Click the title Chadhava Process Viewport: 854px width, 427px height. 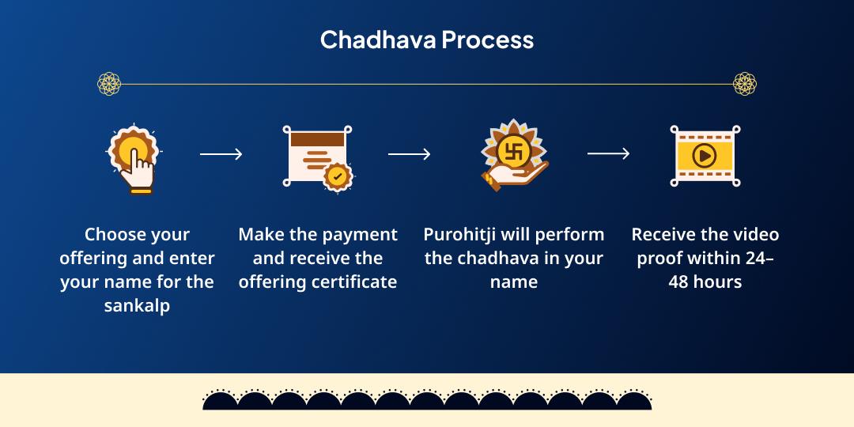[x=427, y=40]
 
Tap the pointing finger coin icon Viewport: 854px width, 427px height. [x=134, y=158]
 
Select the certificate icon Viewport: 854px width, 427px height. [x=318, y=158]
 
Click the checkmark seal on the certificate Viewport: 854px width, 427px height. [x=338, y=176]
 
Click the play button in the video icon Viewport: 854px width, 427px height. [x=705, y=157]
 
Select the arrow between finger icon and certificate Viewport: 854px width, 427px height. [x=221, y=155]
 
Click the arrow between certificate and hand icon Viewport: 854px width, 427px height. [x=409, y=155]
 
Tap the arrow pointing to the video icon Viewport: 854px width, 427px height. [x=608, y=154]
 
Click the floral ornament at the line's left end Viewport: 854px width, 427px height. [x=109, y=84]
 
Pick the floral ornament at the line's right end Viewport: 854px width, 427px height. [x=745, y=84]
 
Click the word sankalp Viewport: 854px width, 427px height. [x=137, y=306]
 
